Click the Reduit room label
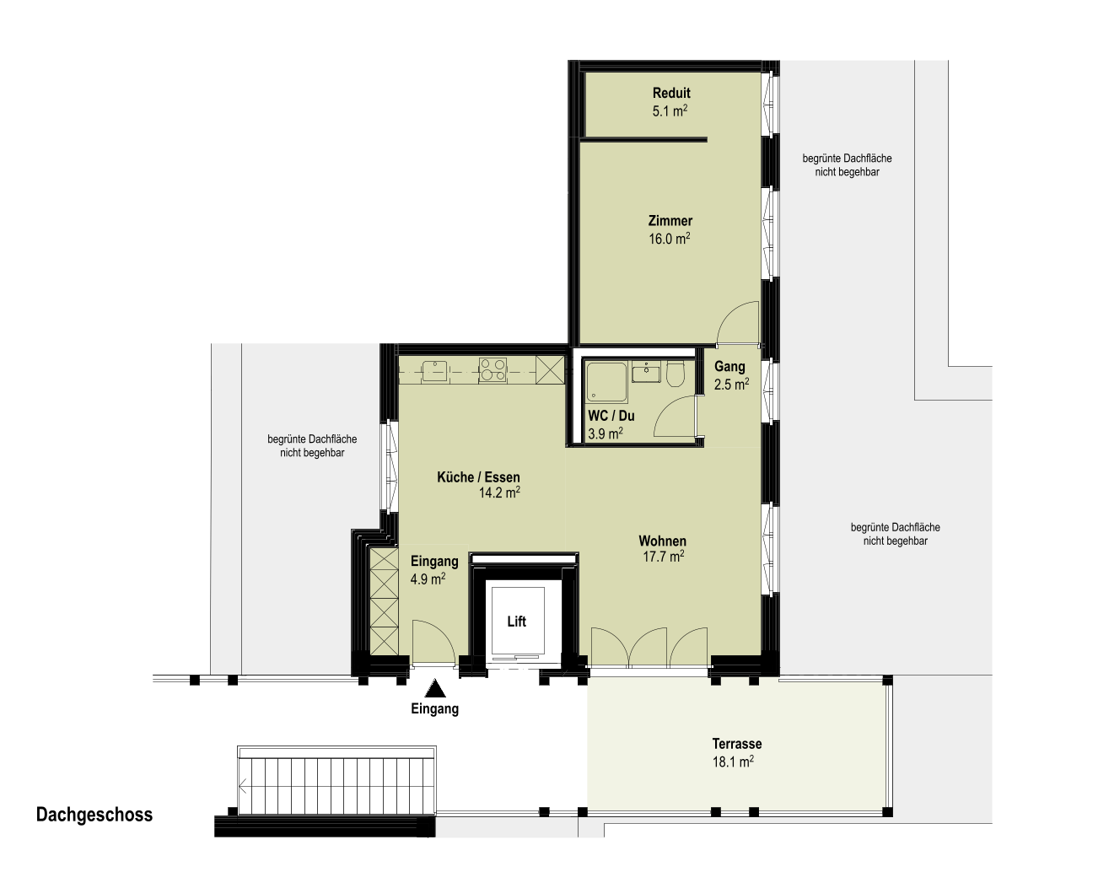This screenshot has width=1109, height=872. coord(671,94)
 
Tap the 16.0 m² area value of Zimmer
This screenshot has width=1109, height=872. coord(670,238)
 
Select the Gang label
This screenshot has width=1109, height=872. coord(729,366)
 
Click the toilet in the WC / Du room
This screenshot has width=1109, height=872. coord(675,373)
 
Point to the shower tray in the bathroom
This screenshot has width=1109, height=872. coord(606,382)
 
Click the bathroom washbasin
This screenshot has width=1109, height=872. coord(646,372)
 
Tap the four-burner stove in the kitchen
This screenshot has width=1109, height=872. coord(493,370)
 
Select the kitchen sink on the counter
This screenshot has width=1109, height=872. coord(436,370)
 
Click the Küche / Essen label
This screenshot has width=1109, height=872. coord(478,476)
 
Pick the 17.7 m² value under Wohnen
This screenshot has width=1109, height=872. coord(663,556)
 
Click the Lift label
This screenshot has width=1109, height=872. coord(516,621)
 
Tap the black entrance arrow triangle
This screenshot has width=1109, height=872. coord(435,688)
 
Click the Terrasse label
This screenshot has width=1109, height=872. coord(737,744)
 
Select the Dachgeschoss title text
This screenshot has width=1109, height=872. coord(94,815)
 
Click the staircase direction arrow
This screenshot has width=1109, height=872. coord(243,788)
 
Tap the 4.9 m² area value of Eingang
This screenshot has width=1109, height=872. coord(428,579)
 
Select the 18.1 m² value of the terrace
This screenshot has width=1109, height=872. coord(733,762)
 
